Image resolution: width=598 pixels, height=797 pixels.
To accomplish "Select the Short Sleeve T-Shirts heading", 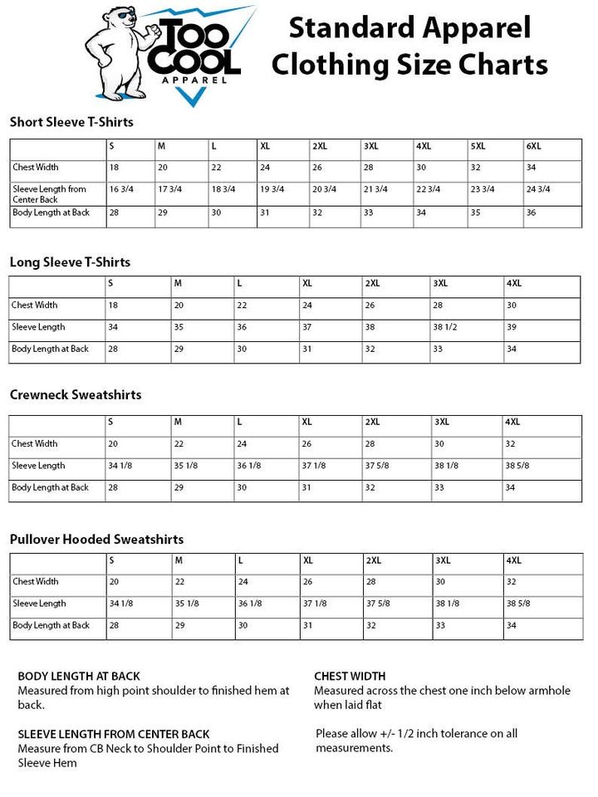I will tap(71, 122).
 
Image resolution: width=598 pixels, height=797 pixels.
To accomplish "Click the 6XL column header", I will tap(533, 146).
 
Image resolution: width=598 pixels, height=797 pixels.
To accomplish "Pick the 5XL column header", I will tap(478, 146).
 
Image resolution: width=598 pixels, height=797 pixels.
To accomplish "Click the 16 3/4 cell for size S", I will tap(121, 189).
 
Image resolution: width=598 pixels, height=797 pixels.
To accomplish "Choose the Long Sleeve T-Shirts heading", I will tap(70, 262).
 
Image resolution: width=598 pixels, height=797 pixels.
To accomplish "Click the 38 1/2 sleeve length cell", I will tap(446, 327).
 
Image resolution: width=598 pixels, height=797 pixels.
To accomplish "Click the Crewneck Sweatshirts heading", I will tap(76, 394).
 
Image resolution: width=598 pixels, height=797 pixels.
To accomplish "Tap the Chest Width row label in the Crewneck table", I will tap(35, 444).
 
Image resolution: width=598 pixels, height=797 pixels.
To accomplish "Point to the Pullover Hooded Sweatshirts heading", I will tap(96, 540).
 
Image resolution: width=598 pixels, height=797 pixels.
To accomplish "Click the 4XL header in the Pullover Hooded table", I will tap(514, 560).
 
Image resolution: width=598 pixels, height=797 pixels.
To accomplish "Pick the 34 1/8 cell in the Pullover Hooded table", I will tap(121, 604).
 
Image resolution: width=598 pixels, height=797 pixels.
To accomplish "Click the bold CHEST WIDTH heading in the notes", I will tap(350, 676).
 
